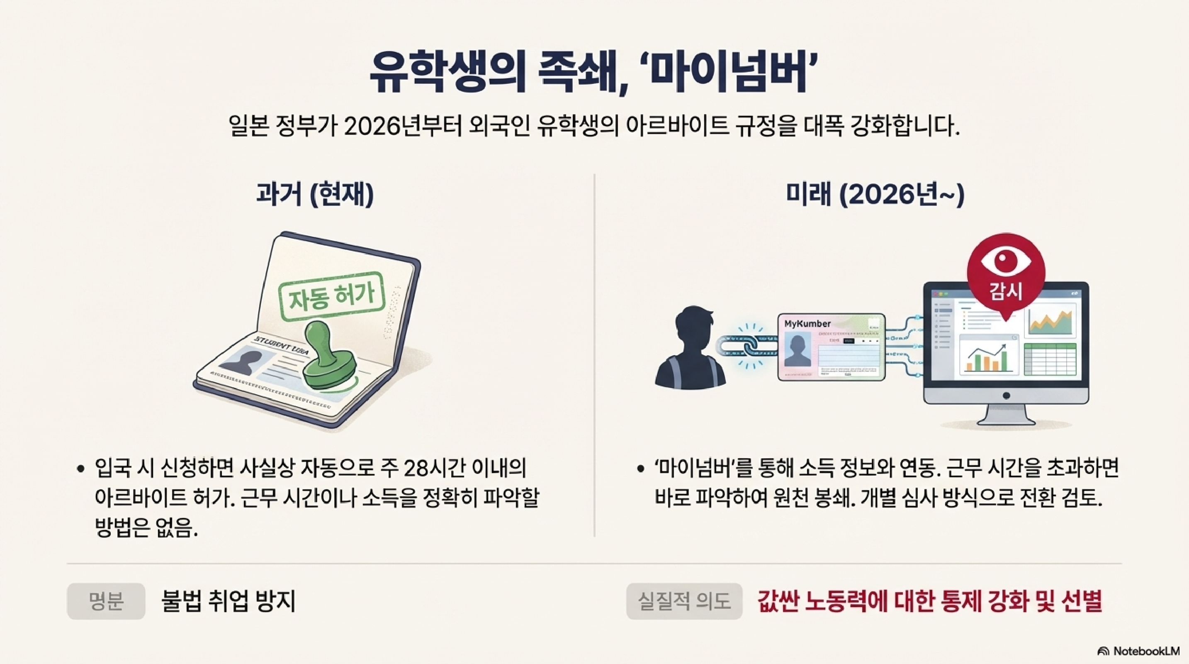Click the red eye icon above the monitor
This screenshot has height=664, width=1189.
1006,261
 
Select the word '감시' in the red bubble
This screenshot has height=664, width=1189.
1006,291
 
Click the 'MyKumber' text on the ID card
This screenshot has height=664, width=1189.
807,324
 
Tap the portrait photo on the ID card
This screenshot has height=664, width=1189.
798,351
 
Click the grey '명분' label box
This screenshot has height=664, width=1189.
106,601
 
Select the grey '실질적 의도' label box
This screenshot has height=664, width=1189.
684,601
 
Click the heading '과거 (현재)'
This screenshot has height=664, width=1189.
315,194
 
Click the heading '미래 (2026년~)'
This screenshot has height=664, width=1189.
875,194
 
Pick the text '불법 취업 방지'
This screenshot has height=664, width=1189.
229,601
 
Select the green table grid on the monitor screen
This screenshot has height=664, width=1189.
1050,359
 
